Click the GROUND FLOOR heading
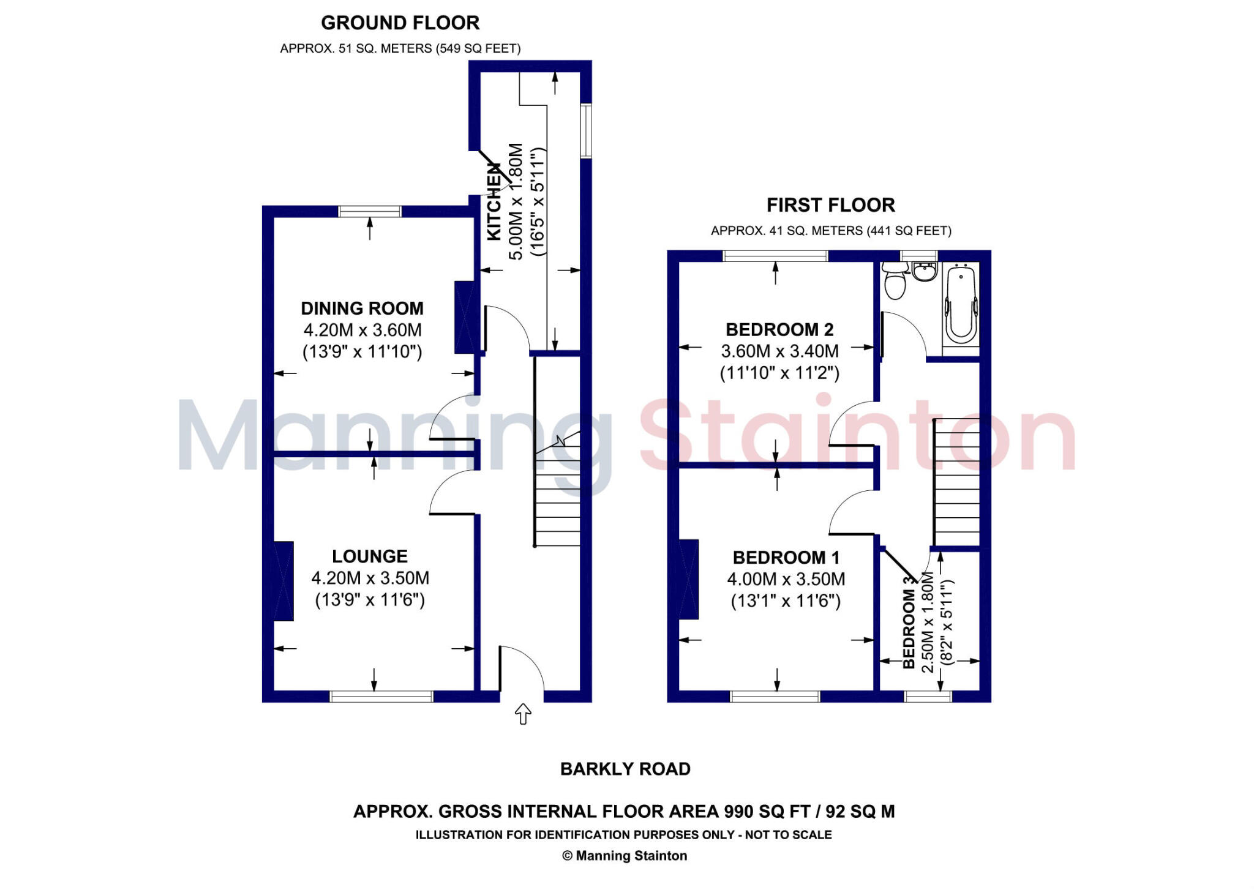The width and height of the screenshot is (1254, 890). click(x=400, y=23)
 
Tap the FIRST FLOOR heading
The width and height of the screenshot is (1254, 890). click(x=830, y=205)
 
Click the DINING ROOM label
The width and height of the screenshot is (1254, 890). click(x=362, y=308)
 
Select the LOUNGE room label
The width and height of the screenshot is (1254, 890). click(x=369, y=556)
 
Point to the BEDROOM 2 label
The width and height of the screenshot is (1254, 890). click(x=779, y=330)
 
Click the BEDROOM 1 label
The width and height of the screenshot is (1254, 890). click(x=786, y=558)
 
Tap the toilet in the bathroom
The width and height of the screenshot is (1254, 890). click(x=895, y=282)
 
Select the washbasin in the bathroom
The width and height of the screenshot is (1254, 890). click(x=924, y=271)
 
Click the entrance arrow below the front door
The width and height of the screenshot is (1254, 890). click(x=522, y=714)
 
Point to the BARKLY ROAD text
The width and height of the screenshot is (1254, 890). click(x=625, y=769)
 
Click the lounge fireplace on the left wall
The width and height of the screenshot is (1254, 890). click(x=283, y=581)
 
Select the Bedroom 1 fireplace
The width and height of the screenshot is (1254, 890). click(x=689, y=579)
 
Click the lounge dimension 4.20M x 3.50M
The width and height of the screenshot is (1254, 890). click(x=370, y=578)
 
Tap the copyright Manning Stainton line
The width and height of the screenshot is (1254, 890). click(x=625, y=856)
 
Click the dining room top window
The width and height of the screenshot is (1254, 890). click(x=370, y=212)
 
